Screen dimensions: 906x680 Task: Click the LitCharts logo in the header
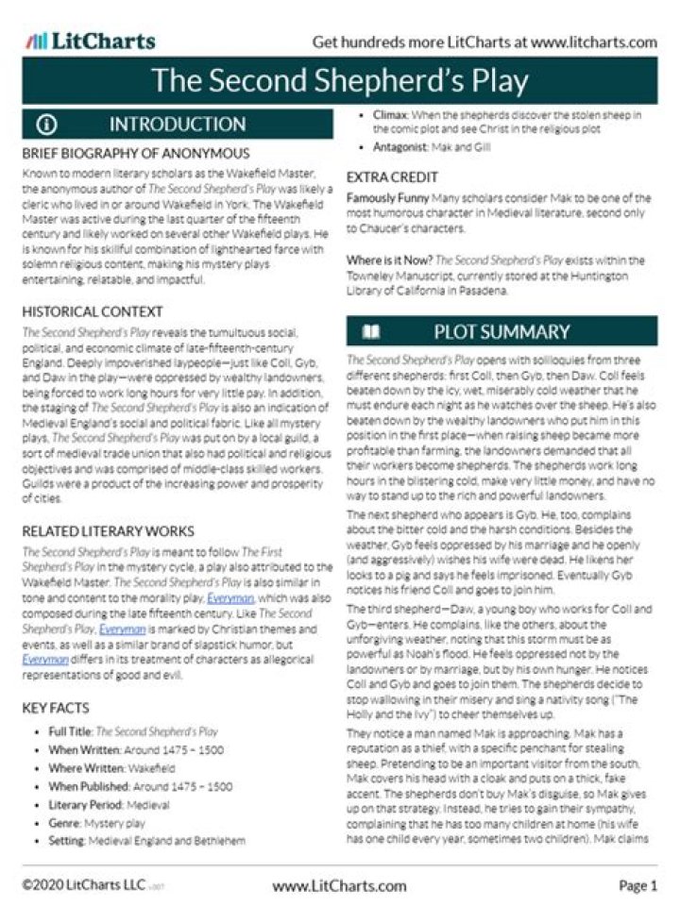[x=91, y=41]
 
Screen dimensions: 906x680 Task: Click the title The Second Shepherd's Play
[x=340, y=81]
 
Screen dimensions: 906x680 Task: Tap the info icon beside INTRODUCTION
[x=47, y=125]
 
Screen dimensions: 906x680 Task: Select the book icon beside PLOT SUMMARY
[x=372, y=331]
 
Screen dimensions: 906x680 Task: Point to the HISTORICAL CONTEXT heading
[x=92, y=311]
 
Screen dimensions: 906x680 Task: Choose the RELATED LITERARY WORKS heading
[x=108, y=530]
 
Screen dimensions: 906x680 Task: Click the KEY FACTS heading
[x=56, y=708]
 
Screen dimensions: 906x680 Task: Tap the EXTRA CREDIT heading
[x=392, y=176]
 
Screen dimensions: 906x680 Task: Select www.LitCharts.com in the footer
[x=339, y=885]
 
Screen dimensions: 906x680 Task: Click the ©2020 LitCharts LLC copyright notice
[x=83, y=885]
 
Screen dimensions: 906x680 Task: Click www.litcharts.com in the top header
[x=593, y=42]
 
